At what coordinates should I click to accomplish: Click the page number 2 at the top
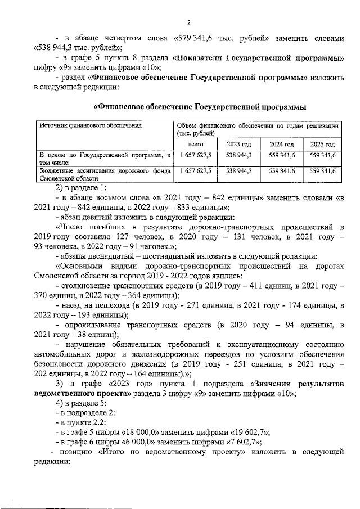[189, 22]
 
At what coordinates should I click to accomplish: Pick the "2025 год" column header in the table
[322, 144]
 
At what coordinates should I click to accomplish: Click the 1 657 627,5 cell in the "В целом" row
[196, 155]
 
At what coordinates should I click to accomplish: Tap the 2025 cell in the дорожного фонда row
[322, 170]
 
